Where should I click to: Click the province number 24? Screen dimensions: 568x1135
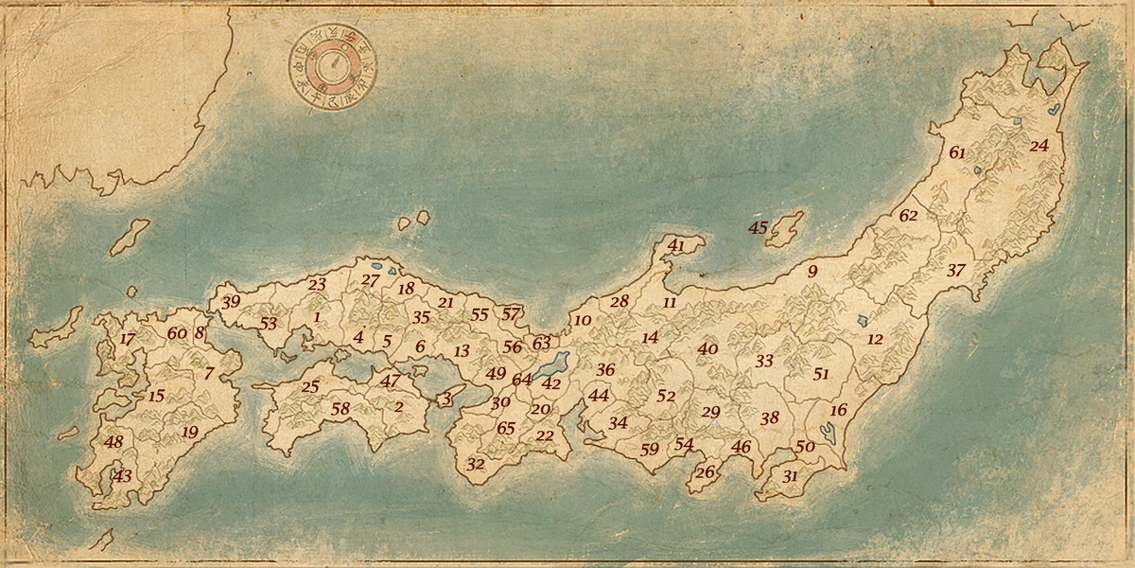(1039, 146)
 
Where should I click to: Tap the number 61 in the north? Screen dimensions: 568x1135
(957, 152)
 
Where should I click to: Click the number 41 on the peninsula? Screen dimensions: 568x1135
(676, 245)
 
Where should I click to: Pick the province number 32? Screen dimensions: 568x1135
(476, 465)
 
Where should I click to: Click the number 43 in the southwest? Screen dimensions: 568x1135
(122, 476)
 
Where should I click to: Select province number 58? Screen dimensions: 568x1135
(340, 408)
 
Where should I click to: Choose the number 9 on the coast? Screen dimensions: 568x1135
(812, 272)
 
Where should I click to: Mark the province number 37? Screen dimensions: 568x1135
(956, 271)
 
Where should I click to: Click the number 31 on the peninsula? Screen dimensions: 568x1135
(790, 477)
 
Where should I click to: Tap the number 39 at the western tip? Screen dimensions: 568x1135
(231, 302)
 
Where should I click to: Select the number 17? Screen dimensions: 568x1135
(128, 339)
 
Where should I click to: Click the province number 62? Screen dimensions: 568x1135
(908, 216)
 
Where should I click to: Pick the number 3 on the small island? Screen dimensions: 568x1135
(446, 399)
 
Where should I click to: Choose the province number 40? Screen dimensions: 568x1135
(707, 348)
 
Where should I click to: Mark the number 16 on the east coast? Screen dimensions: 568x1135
(838, 410)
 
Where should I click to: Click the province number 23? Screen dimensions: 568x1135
(317, 284)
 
